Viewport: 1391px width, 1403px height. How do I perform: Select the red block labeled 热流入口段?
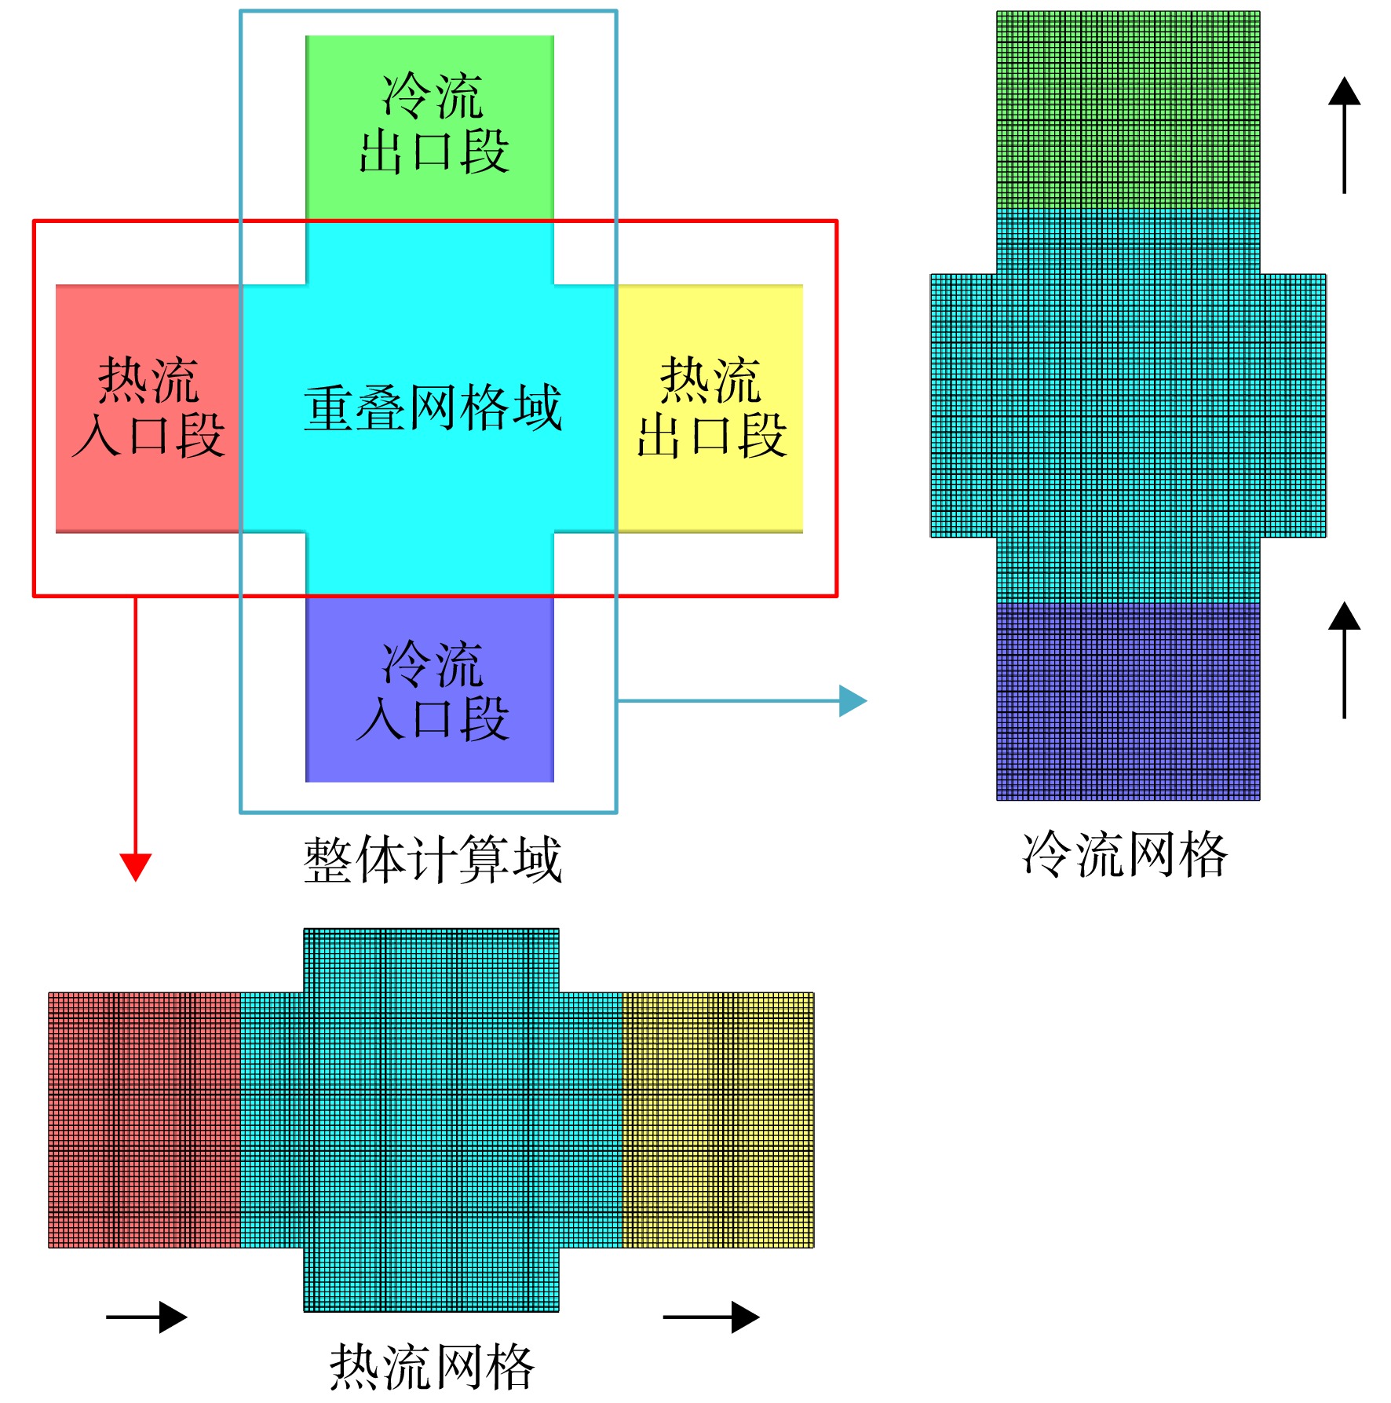(x=148, y=408)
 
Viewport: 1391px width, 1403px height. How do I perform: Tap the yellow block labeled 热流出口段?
(x=710, y=408)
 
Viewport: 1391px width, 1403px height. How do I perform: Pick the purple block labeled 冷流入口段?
(x=429, y=689)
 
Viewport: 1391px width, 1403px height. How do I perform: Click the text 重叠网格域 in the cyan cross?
(x=433, y=408)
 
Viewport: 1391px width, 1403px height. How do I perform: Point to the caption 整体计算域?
(x=433, y=860)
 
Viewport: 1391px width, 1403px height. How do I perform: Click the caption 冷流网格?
(x=1125, y=854)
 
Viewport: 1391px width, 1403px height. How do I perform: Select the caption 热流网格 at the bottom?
(x=432, y=1367)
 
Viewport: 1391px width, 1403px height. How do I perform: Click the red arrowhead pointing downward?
(x=135, y=868)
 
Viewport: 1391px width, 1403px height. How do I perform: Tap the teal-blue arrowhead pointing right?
(x=853, y=700)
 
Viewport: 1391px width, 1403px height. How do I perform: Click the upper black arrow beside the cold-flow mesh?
(x=1344, y=134)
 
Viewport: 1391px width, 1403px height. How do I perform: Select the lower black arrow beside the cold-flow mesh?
(x=1344, y=659)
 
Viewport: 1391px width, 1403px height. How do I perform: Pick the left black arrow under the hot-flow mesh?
(x=147, y=1317)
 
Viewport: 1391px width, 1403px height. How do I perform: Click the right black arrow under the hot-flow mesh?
(x=711, y=1317)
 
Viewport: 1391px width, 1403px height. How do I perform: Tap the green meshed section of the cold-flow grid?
(x=1128, y=109)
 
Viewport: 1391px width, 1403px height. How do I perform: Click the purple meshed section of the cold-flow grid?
(x=1128, y=701)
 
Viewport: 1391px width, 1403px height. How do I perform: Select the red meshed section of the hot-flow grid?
(x=144, y=1120)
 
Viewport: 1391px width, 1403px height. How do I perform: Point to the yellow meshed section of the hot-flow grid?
(x=718, y=1120)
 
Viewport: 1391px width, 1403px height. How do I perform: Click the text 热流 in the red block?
(x=148, y=380)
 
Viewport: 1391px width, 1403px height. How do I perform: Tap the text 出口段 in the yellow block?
(x=712, y=436)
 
